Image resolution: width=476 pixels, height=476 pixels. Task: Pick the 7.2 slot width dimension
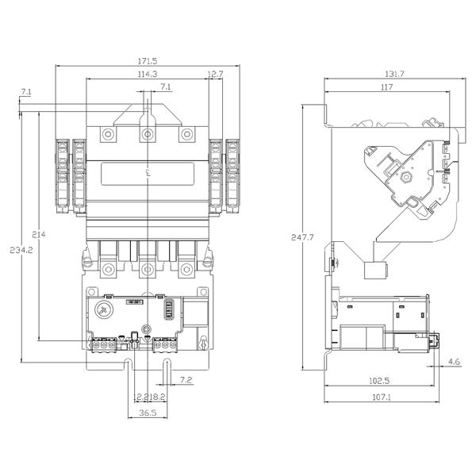pyautogui.click(x=186, y=381)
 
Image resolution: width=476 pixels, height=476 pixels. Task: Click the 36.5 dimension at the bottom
pyautogui.click(x=147, y=413)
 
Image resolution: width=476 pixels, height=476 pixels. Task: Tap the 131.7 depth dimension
pyautogui.click(x=393, y=74)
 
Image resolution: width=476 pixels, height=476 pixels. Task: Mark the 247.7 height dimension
pyautogui.click(x=302, y=237)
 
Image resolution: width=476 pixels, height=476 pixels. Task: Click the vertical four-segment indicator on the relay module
pyautogui.click(x=167, y=308)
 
